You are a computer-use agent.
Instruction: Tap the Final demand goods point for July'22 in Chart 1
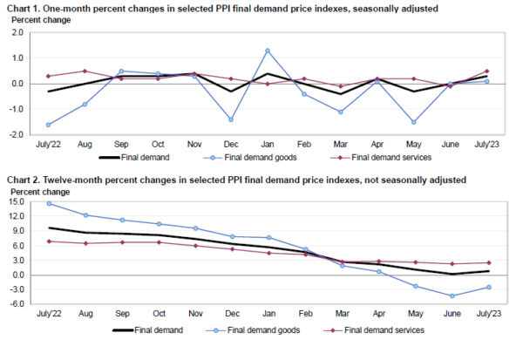point(47,125)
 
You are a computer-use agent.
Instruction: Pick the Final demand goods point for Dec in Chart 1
point(231,119)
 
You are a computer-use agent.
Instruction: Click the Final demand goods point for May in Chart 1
point(413,122)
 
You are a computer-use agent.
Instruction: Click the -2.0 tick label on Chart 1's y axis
point(15,135)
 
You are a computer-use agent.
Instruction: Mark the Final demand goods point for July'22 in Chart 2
point(47,204)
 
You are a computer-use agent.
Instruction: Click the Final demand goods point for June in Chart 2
point(452,295)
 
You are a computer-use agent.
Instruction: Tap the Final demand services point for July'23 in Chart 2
point(487,262)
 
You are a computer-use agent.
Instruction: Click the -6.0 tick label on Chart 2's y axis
point(16,303)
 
